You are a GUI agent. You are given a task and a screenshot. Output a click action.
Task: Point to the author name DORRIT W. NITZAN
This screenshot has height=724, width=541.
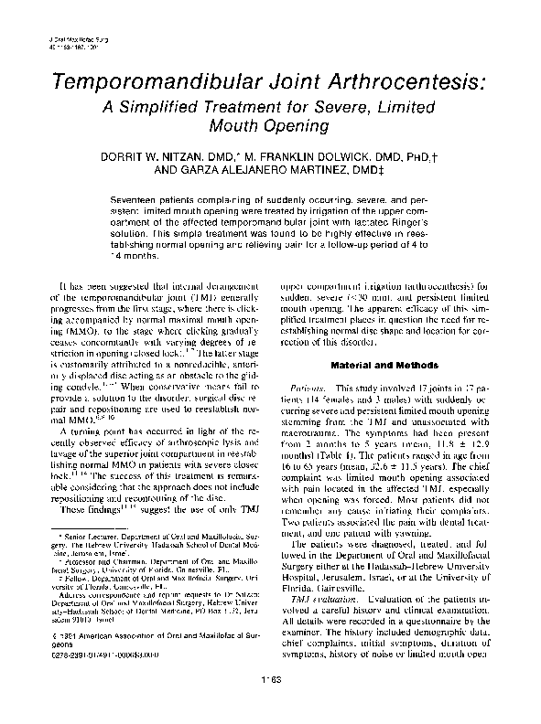tap(184, 156)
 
